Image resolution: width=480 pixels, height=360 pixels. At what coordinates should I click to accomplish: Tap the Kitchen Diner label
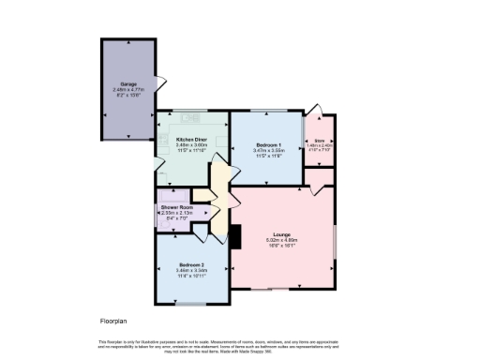click(x=190, y=138)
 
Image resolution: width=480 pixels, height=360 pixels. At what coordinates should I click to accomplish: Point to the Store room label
click(x=319, y=140)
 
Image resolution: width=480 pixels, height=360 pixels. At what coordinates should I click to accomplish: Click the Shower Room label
click(x=177, y=206)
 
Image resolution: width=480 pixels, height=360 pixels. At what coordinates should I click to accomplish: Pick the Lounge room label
click(x=281, y=233)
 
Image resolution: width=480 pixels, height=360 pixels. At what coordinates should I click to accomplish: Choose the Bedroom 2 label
click(x=191, y=265)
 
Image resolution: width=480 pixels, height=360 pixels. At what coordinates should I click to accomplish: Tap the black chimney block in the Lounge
click(x=235, y=235)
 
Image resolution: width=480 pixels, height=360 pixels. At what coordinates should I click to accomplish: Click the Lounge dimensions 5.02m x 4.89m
click(x=281, y=240)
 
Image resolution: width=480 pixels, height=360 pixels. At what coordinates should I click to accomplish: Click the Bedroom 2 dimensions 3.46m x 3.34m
click(x=191, y=271)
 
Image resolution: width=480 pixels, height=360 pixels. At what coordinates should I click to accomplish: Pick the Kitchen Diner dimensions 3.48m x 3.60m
click(x=190, y=144)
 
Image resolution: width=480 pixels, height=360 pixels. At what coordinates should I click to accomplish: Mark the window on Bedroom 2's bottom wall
click(x=191, y=303)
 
